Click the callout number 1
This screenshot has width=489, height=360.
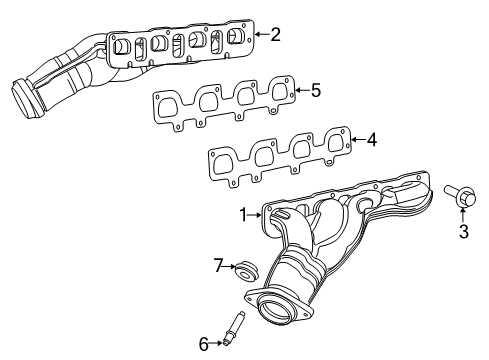pos(243,214)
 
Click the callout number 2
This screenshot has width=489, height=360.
pos(275,34)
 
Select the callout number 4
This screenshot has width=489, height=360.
pos(371,140)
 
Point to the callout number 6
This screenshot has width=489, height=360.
pos(204,344)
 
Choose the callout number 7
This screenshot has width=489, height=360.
pos(216,266)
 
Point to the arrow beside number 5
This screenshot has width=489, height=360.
pos(300,91)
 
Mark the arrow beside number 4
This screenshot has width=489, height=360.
pos(356,141)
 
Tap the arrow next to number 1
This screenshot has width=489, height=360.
pos(255,214)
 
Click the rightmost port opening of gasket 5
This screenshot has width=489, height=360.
pos(283,92)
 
